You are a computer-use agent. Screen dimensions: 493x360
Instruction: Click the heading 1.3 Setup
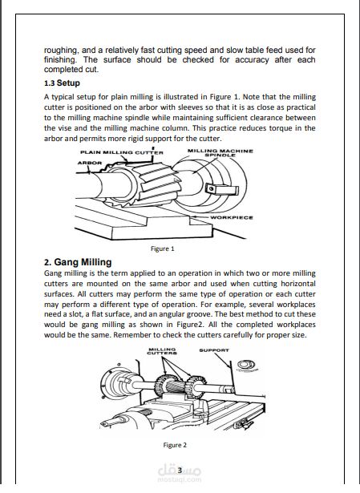point(61,83)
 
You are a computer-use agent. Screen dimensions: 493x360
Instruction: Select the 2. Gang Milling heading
point(78,262)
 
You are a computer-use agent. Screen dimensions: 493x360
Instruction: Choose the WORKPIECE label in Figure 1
point(231,216)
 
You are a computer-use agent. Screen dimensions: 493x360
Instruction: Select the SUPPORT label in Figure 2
point(214,350)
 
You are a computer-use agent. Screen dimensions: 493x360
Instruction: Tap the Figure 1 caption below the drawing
point(163,249)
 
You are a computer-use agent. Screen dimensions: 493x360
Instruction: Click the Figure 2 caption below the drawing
point(175,444)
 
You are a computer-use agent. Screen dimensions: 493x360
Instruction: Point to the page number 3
point(180,470)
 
